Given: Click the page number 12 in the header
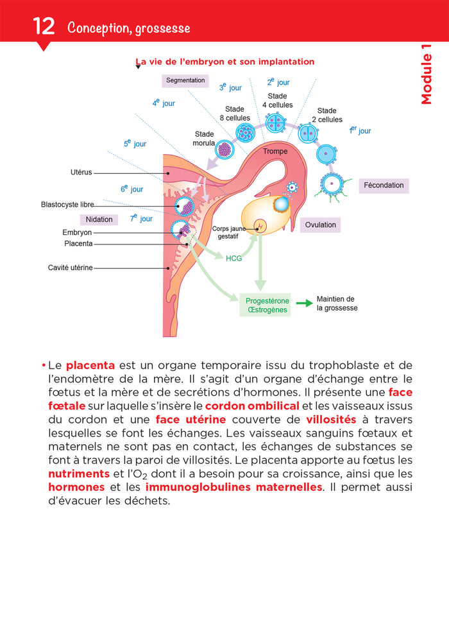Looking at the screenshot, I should (43, 27).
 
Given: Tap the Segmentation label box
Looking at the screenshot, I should (185, 81).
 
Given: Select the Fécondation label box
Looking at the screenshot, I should (384, 185).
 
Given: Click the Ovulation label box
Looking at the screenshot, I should (320, 225).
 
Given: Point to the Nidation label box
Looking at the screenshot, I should (99, 219).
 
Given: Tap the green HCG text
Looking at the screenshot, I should (233, 259).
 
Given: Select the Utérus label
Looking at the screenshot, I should (81, 173).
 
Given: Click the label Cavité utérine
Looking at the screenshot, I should (71, 268).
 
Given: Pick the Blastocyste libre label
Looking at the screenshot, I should (67, 205).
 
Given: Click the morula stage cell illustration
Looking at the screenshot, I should (224, 150).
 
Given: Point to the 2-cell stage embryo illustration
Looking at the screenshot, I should (309, 135).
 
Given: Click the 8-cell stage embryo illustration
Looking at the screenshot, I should (245, 132).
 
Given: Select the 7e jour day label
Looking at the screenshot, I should (141, 218).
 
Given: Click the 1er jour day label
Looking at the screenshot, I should (360, 130).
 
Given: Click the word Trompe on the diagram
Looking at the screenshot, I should (275, 151).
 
